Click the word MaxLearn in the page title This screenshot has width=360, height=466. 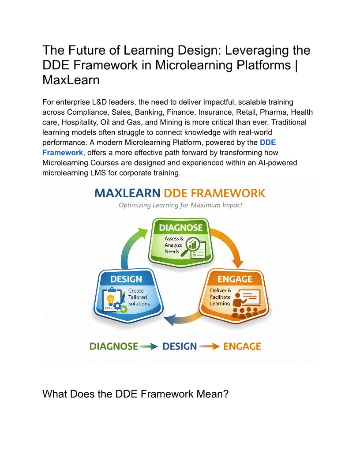pyautogui.click(x=71, y=80)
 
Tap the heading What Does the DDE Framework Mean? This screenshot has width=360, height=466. pyautogui.click(x=135, y=394)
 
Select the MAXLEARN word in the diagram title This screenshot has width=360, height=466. pyautogui.click(x=127, y=193)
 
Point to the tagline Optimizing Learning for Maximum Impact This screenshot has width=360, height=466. pyautogui.click(x=180, y=205)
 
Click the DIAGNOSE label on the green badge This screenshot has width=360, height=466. pyautogui.click(x=180, y=228)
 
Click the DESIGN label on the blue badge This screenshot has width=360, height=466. pyautogui.click(x=126, y=279)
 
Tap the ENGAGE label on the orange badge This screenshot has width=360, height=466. pyautogui.click(x=235, y=279)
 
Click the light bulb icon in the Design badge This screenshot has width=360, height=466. pyautogui.click(x=111, y=300)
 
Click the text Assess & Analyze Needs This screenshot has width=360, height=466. pyautogui.click(x=174, y=245)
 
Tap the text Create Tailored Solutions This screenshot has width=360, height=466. pyautogui.click(x=139, y=297)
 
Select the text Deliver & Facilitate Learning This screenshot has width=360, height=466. pyautogui.click(x=221, y=297)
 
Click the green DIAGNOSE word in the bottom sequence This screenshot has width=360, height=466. pyautogui.click(x=114, y=346)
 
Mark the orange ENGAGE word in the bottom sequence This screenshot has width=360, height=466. pyautogui.click(x=242, y=346)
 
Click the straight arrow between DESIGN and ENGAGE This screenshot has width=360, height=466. pyautogui.click(x=210, y=346)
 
